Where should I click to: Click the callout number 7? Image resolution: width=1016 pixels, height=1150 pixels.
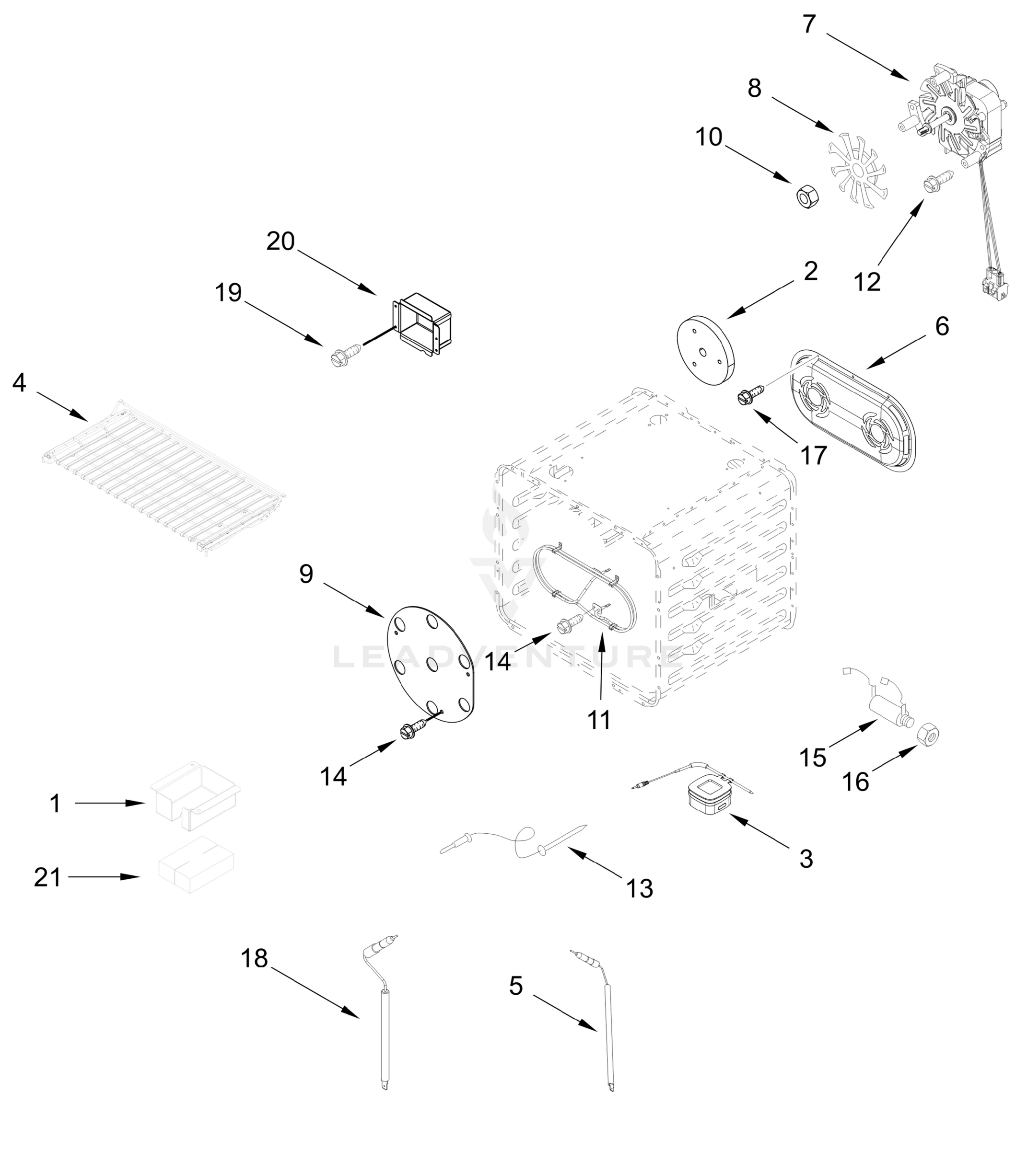pos(809,25)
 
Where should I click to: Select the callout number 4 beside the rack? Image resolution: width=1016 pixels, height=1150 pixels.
pos(19,383)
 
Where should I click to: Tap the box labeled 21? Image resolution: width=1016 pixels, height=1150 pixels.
pos(196,865)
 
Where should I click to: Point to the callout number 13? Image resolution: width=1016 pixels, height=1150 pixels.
pos(640,889)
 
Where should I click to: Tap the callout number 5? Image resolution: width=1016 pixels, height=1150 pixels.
pos(515,986)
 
